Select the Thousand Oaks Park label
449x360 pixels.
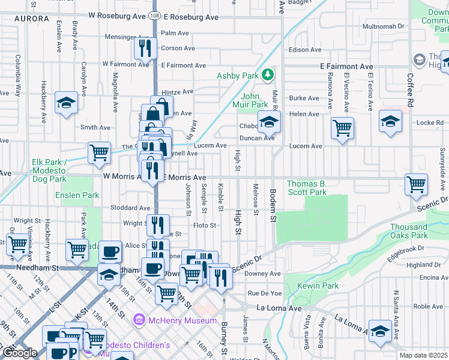tap(409, 231)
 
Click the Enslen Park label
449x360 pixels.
tap(77, 195)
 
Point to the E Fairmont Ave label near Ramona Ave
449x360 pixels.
tap(346, 67)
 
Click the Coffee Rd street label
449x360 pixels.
tap(411, 91)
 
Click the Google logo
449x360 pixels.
tap(20, 353)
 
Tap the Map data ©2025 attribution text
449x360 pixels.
tap(423, 356)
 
